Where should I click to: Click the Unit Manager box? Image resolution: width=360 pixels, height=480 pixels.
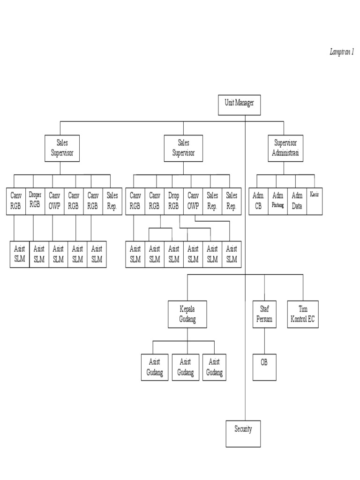(x=239, y=105)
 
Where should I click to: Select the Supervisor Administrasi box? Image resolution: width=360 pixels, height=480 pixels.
(x=285, y=148)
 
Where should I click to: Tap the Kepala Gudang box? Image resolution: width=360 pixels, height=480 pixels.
(x=187, y=314)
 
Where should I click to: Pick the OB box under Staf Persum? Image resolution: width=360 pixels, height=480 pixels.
(x=264, y=367)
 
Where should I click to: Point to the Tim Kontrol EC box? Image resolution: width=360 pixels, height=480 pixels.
(x=302, y=314)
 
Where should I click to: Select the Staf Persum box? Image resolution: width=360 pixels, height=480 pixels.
(x=264, y=314)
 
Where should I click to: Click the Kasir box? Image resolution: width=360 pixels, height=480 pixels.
(x=314, y=201)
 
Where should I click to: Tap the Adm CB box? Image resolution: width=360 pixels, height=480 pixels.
(x=258, y=201)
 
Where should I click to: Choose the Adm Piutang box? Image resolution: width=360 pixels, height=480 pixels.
(x=277, y=201)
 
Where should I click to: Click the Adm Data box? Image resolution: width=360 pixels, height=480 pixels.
(x=297, y=201)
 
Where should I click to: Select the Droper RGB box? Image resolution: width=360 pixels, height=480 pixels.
(x=35, y=201)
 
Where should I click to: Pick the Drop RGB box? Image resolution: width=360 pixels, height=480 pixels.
(x=174, y=201)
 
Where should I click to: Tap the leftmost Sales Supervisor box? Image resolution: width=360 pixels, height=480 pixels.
(x=62, y=148)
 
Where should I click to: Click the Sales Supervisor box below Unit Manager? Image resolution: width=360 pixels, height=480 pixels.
(x=183, y=148)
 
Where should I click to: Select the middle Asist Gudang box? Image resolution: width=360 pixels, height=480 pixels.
(x=186, y=367)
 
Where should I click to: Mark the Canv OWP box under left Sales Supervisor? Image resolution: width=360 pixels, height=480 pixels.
(x=54, y=201)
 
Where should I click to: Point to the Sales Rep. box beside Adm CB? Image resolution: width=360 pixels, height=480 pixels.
(x=232, y=201)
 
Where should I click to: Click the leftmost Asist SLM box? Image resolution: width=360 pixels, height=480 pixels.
(x=20, y=254)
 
